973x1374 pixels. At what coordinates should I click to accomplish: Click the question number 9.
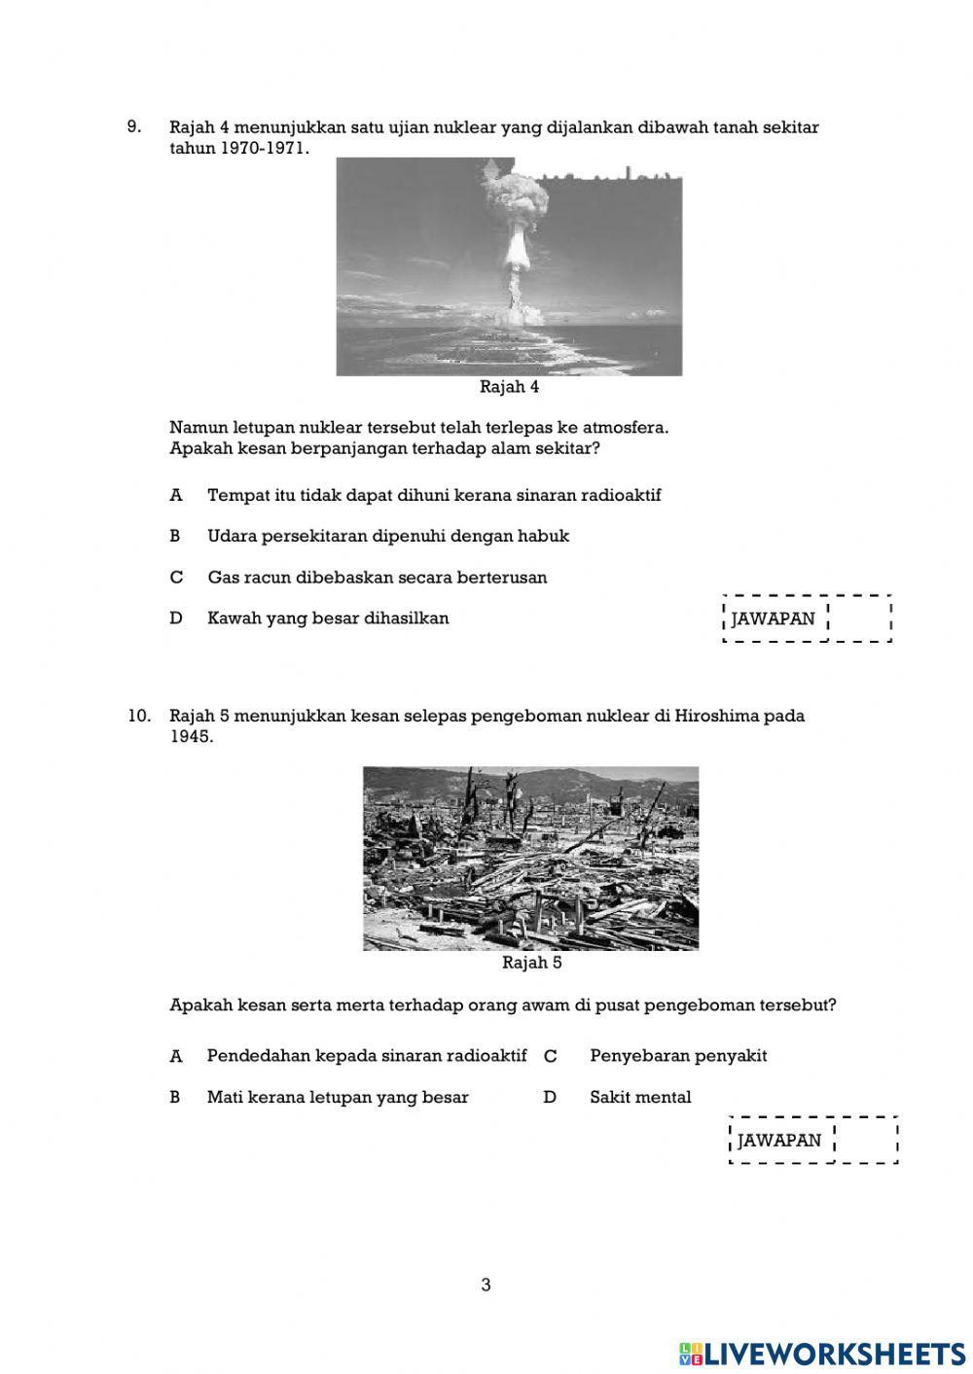134,126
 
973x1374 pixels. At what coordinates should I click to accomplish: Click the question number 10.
138,716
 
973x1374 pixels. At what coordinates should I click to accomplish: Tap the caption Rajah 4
509,387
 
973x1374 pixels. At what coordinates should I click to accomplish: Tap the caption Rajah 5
531,963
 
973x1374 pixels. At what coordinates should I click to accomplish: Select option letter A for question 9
176,495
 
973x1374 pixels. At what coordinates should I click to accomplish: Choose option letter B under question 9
176,536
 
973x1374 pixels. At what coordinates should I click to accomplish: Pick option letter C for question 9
176,578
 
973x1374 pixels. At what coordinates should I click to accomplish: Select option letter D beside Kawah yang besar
176,618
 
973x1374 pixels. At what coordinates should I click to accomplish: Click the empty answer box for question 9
858,618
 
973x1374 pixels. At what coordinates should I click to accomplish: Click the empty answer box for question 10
865,1140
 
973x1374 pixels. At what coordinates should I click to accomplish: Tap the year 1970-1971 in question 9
264,149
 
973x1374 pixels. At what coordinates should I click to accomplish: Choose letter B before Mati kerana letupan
176,1097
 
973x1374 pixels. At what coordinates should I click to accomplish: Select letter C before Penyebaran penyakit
550,1056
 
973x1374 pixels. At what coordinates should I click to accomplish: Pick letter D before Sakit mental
550,1097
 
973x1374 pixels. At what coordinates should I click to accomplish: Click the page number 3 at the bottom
486,1285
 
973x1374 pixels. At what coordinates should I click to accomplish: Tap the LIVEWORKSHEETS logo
821,1353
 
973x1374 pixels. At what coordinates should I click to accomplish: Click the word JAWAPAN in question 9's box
774,618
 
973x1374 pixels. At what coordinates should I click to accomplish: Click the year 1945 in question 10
191,737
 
